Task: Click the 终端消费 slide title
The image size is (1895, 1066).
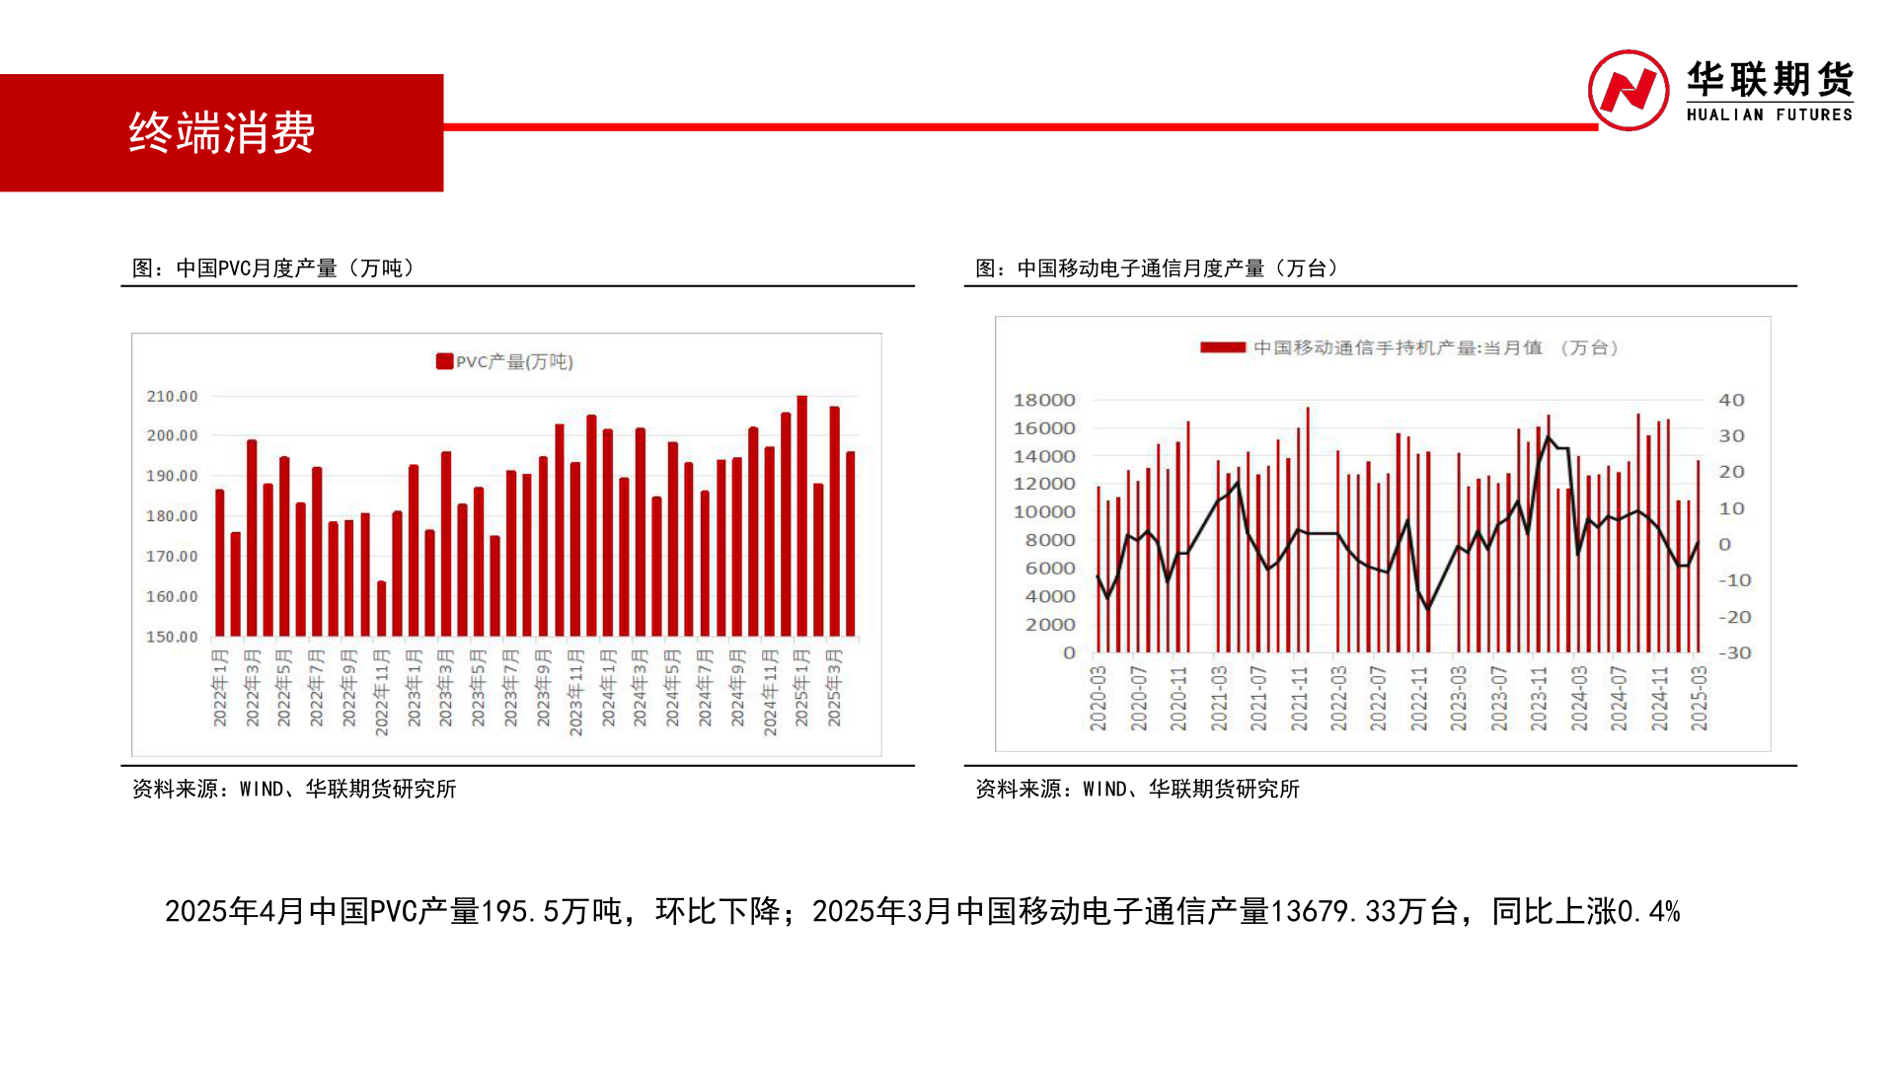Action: click(221, 132)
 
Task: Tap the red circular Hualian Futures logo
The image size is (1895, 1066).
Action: click(1628, 91)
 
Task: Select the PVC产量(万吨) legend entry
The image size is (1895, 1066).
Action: click(504, 362)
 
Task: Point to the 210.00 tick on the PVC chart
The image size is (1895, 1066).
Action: click(172, 397)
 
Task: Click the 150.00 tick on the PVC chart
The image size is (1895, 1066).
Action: click(172, 638)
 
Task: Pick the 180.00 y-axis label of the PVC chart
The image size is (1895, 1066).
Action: click(172, 516)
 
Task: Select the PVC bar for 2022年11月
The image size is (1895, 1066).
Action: click(382, 608)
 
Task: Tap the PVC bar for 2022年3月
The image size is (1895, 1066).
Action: click(252, 538)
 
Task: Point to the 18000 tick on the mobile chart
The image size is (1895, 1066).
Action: click(1043, 400)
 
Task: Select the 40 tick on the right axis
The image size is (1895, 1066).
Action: click(1731, 400)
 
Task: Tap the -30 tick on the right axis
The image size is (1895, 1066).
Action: click(1734, 652)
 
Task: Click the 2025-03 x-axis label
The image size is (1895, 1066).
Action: click(1699, 698)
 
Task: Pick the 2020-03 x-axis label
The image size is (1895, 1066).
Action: click(1098, 698)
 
